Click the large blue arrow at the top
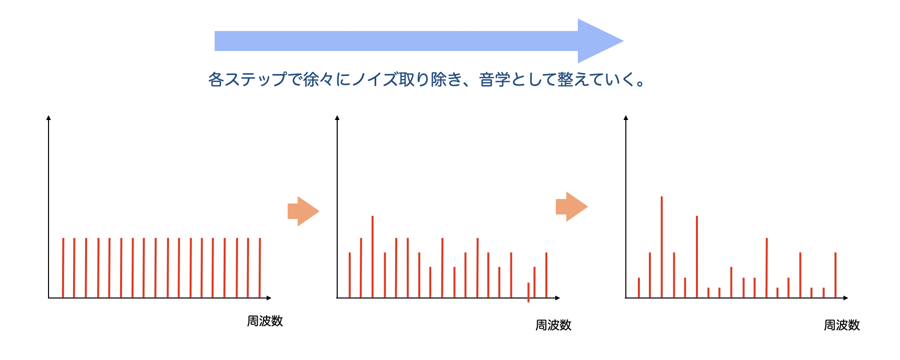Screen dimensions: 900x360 [419, 41]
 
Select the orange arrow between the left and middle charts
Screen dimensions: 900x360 [303, 211]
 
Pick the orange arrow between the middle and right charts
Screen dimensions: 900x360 [571, 206]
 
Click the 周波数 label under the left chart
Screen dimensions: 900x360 [265, 321]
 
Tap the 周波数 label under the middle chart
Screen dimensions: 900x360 [553, 325]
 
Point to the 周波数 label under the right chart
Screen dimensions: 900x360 [842, 325]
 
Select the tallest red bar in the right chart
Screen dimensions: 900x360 [662, 247]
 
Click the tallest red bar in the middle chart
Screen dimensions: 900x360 [373, 256]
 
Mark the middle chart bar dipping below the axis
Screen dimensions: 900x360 [528, 292]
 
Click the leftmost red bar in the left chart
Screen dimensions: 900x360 [63, 268]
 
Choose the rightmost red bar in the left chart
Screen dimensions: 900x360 [260, 268]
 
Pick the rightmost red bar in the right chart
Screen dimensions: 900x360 [835, 275]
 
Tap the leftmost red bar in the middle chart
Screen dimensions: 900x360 [350, 275]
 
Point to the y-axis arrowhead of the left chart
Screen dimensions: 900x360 [49, 117]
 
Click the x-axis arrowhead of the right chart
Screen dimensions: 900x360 [845, 298]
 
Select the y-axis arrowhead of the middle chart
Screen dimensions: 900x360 [337, 117]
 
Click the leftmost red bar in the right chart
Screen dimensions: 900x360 [639, 287]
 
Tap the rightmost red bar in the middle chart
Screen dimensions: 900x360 [546, 275]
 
